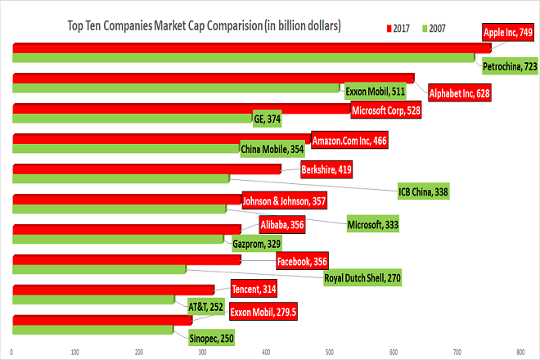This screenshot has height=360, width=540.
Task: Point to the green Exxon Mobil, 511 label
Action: pyautogui.click(x=376, y=90)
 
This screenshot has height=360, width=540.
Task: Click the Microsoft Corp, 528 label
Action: pyautogui.click(x=385, y=110)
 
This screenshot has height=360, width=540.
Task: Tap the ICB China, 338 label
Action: pyautogui.click(x=423, y=193)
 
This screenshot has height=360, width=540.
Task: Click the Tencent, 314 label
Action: pyautogui.click(x=254, y=290)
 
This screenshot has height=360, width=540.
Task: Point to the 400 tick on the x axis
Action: pyautogui.click(x=266, y=353)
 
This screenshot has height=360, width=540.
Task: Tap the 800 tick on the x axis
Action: pyautogui.click(x=520, y=353)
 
